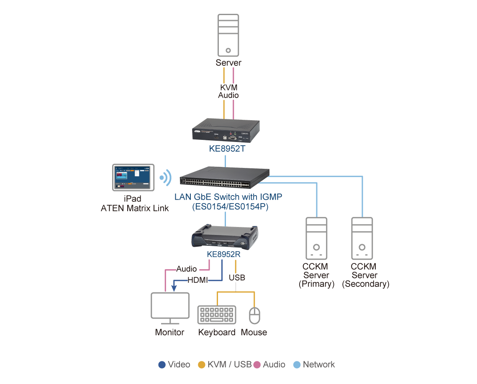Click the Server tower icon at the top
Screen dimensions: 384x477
(228, 36)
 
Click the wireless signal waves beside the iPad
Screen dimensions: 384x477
(166, 178)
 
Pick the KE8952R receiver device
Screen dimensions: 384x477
(225, 237)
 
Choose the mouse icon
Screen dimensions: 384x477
(255, 316)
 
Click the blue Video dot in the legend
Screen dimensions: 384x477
(162, 365)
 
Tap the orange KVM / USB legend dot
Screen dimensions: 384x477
(202, 365)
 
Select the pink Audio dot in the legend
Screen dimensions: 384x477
(257, 365)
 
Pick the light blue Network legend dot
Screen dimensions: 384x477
(297, 365)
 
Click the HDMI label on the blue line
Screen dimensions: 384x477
(197, 280)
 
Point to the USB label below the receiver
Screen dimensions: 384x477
(237, 277)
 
